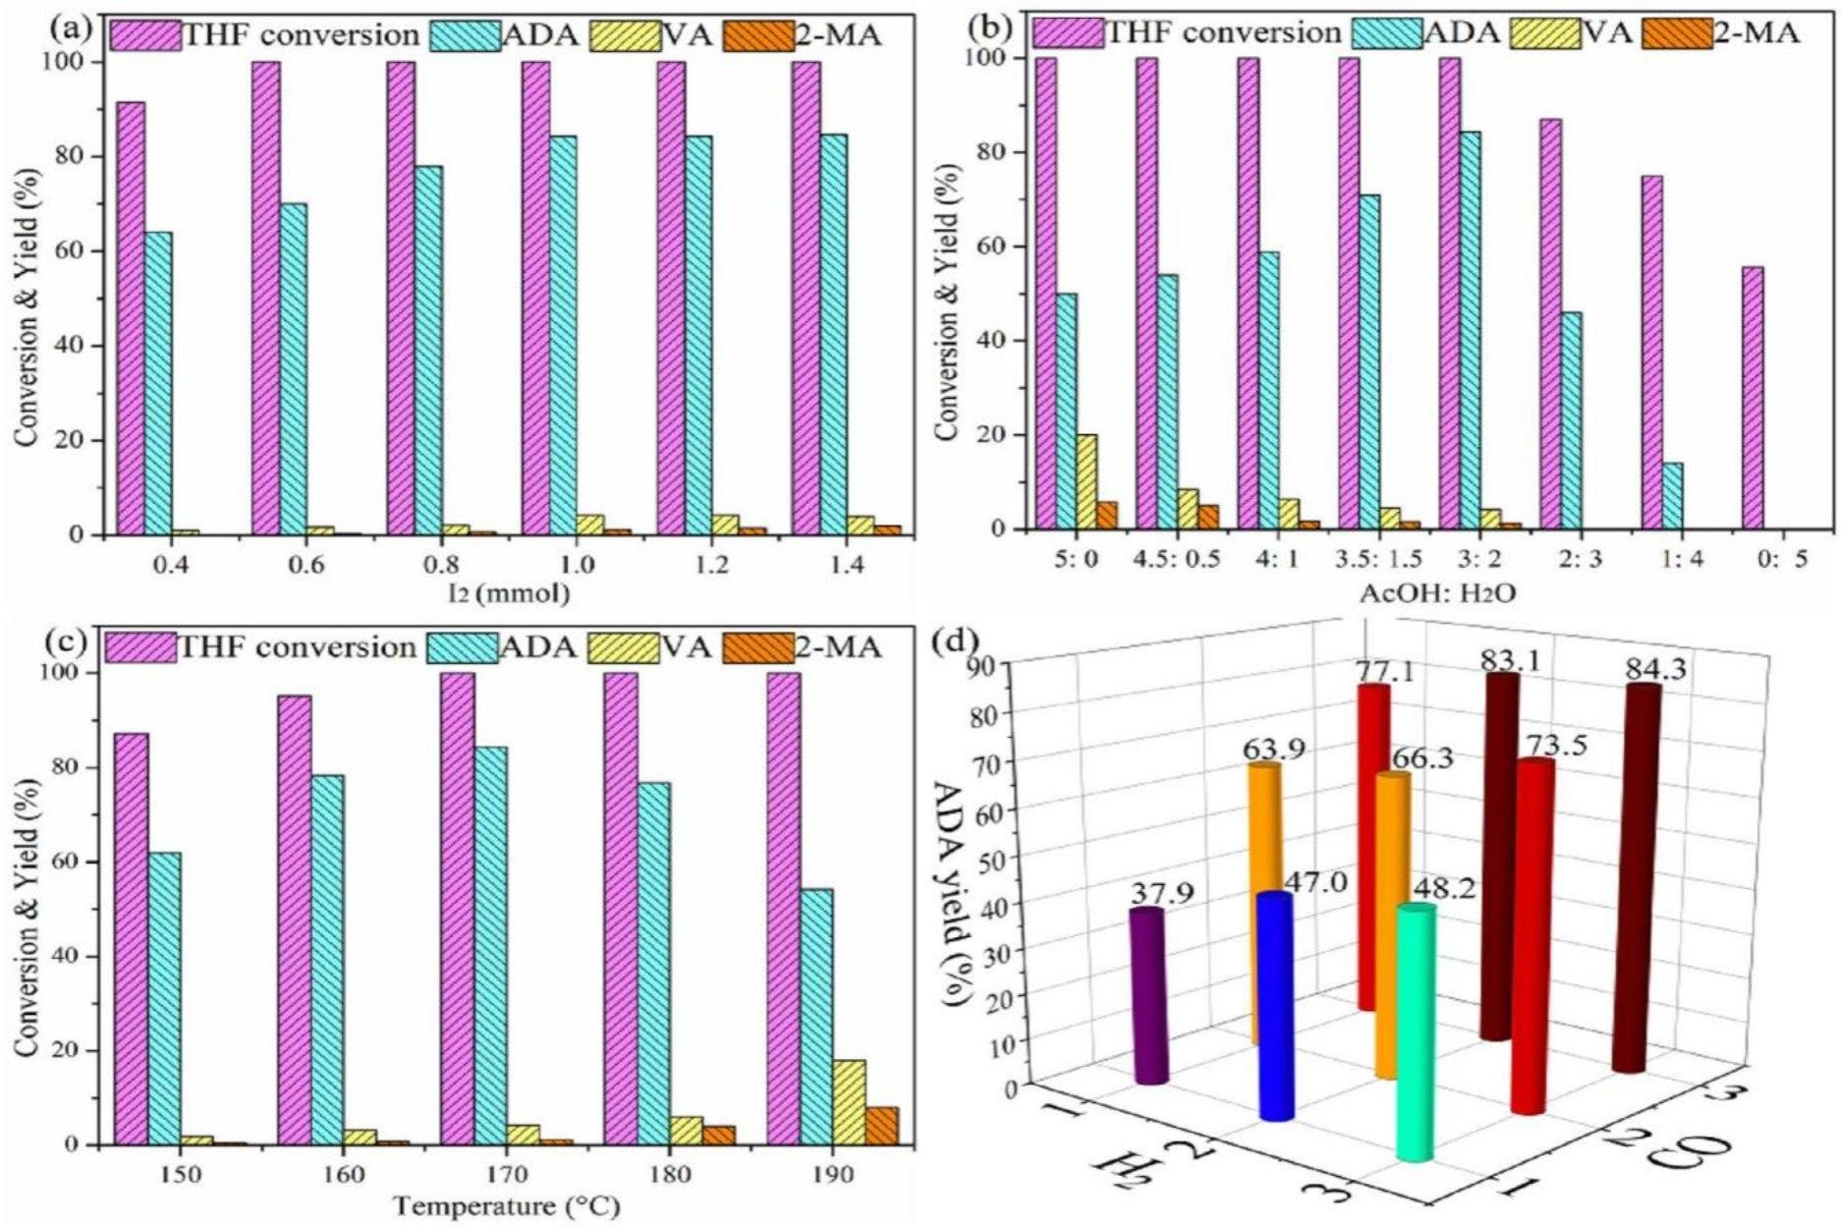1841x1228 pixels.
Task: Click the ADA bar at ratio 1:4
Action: (1669, 495)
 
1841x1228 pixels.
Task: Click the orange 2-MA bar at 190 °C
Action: (882, 1126)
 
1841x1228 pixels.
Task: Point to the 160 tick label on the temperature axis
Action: (343, 1174)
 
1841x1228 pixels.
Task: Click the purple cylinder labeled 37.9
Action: (1148, 997)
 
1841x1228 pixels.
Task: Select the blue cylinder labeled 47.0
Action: (1275, 1007)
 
